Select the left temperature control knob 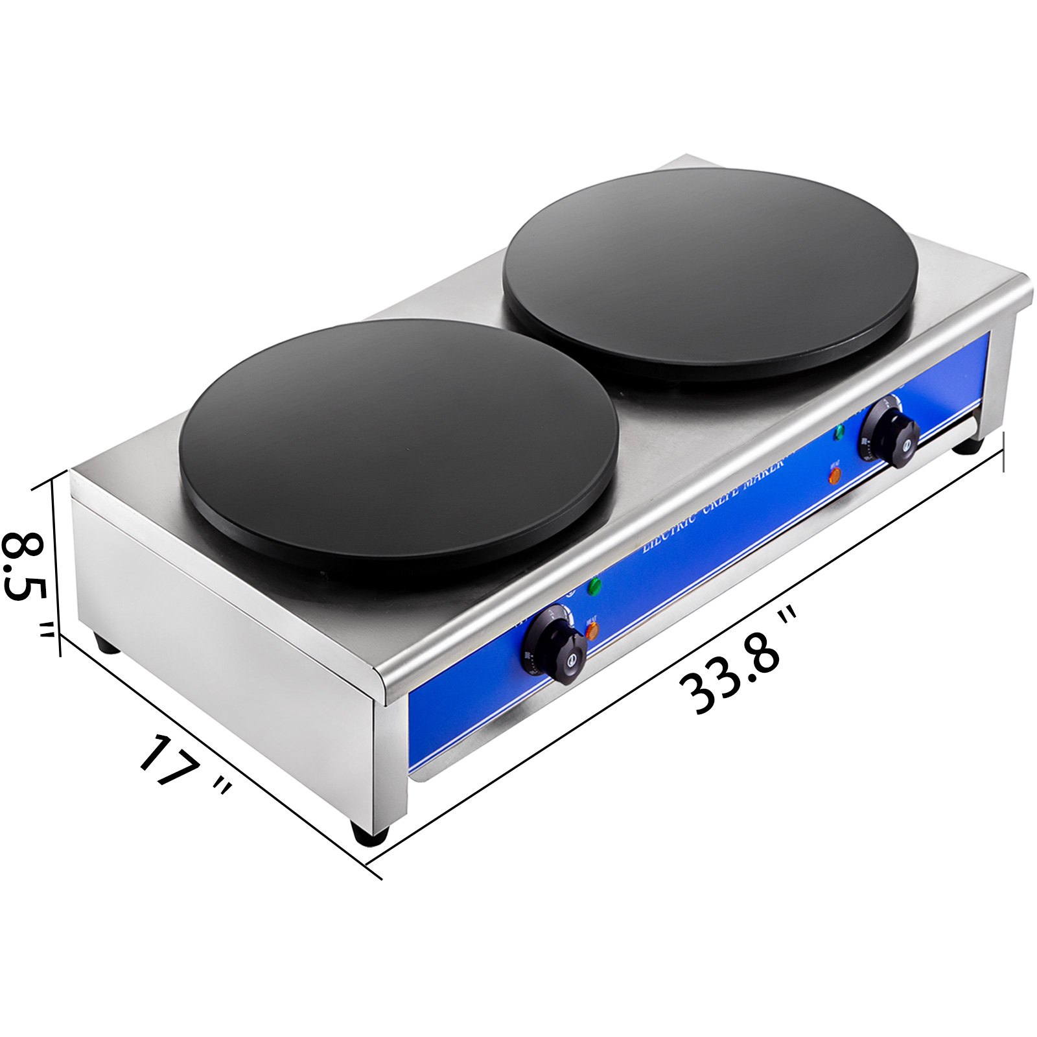554,646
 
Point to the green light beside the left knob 594,586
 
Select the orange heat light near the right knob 835,475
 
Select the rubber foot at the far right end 968,445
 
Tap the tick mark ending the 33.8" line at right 1003,452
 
